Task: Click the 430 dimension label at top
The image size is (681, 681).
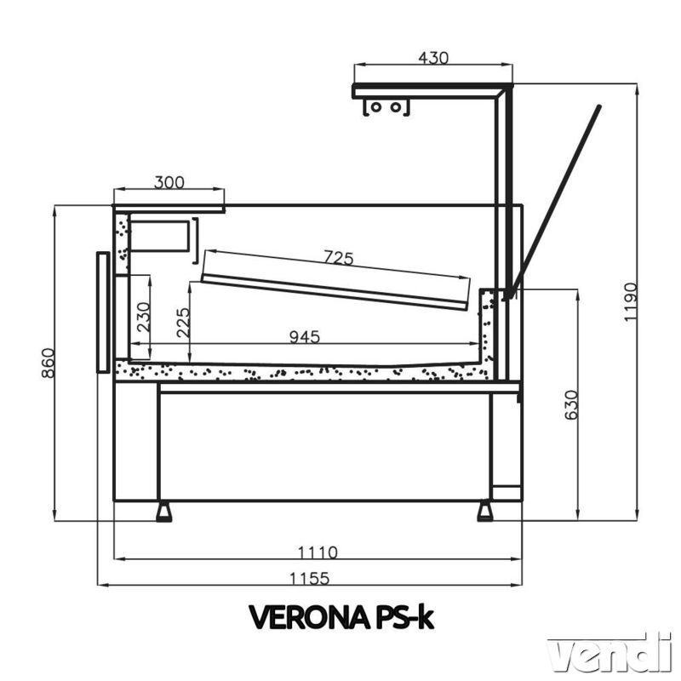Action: click(x=432, y=57)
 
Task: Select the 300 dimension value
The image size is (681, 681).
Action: click(x=169, y=182)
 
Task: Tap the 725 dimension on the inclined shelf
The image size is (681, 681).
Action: click(x=339, y=258)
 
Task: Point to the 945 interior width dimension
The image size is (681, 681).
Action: click(x=305, y=336)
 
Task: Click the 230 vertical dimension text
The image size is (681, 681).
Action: click(x=144, y=317)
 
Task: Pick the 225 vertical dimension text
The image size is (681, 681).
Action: click(x=183, y=323)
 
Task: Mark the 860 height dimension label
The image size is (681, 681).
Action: click(x=49, y=363)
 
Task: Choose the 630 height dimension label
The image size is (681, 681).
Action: click(x=571, y=405)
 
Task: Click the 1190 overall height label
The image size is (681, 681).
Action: click(x=630, y=302)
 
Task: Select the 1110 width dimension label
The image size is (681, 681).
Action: click(x=318, y=552)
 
